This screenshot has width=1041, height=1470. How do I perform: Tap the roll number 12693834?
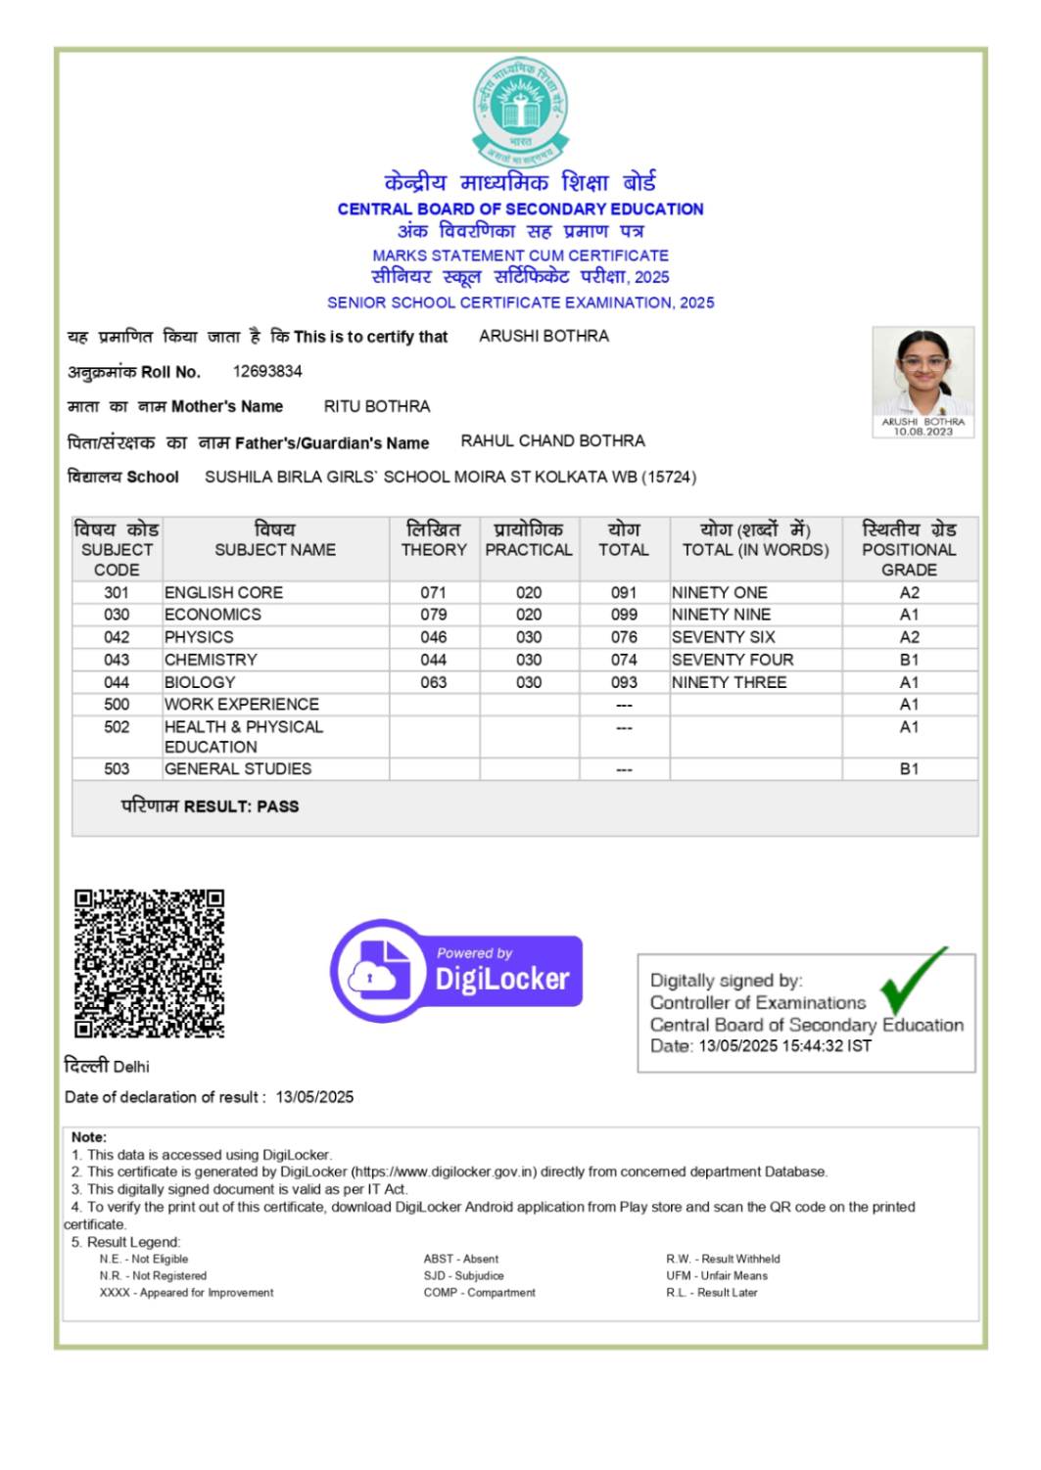pyautogui.click(x=267, y=371)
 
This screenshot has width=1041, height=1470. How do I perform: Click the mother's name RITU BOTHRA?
pyautogui.click(x=377, y=406)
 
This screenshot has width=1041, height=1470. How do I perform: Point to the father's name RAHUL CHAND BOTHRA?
pyautogui.click(x=552, y=441)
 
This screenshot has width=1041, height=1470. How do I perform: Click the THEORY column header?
pyautogui.click(x=434, y=549)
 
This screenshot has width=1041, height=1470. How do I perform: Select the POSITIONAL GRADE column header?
pyautogui.click(x=909, y=549)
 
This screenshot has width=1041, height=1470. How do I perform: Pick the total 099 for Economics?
pyautogui.click(x=624, y=615)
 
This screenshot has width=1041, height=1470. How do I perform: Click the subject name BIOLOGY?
pyautogui.click(x=200, y=682)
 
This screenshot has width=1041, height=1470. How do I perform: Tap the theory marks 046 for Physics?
pyautogui.click(x=434, y=637)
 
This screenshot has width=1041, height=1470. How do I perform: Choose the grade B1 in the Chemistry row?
pyautogui.click(x=909, y=660)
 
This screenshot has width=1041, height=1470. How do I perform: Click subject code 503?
pyautogui.click(x=117, y=769)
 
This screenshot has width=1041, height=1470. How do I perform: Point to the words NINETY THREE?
pyautogui.click(x=729, y=682)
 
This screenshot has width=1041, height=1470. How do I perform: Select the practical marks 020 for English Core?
pyautogui.click(x=529, y=592)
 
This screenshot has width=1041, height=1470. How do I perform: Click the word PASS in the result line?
pyautogui.click(x=278, y=806)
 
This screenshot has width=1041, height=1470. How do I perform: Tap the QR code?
pyautogui.click(x=149, y=963)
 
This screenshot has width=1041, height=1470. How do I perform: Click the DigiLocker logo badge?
pyautogui.click(x=457, y=970)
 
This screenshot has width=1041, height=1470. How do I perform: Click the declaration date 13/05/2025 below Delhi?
pyautogui.click(x=314, y=1097)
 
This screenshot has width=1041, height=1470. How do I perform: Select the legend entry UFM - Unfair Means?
pyautogui.click(x=717, y=1276)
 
